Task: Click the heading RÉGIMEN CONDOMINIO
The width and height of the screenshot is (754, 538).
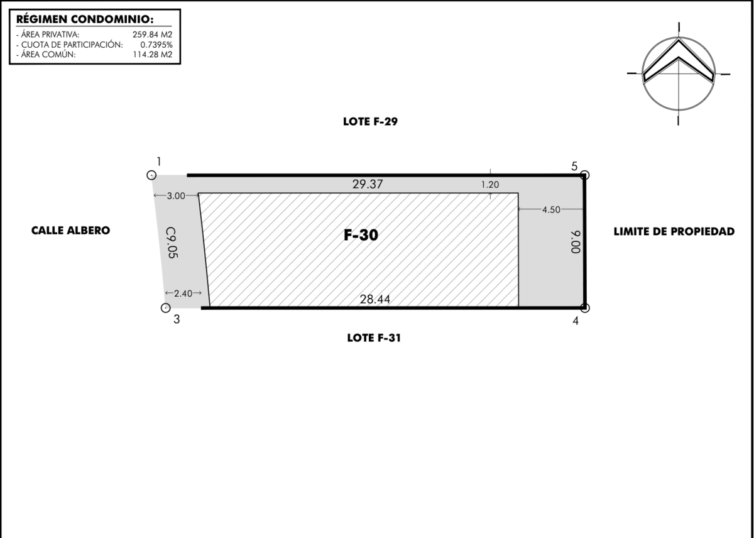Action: pyautogui.click(x=85, y=19)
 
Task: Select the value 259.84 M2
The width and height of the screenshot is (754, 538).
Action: pyautogui.click(x=152, y=35)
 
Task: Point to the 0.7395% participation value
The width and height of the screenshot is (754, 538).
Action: pyautogui.click(x=156, y=45)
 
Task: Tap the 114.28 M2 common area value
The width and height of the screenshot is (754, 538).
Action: pyautogui.click(x=153, y=55)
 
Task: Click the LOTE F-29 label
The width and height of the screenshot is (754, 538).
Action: pyautogui.click(x=370, y=121)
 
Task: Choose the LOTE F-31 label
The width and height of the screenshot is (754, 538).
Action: pyautogui.click(x=374, y=338)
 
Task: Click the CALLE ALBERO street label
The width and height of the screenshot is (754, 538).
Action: pyautogui.click(x=70, y=231)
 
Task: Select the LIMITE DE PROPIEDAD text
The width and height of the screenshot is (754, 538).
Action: pyautogui.click(x=674, y=232)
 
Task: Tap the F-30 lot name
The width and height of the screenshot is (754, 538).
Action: pyautogui.click(x=361, y=235)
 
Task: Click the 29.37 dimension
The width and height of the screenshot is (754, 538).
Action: pyautogui.click(x=368, y=184)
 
